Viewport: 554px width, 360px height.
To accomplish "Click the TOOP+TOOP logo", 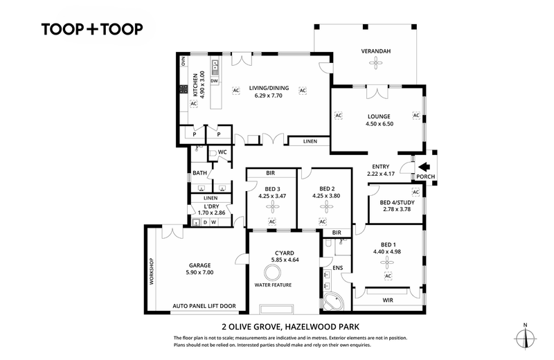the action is [x=92, y=29].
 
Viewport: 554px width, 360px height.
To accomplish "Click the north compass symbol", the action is [x=526, y=337].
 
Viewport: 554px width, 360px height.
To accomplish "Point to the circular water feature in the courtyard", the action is [x=273, y=273].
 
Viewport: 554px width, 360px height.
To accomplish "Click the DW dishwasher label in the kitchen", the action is [x=215, y=81].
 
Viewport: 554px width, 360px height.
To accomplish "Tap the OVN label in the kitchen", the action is [x=183, y=61].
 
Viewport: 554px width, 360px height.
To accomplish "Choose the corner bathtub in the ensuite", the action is [x=333, y=301].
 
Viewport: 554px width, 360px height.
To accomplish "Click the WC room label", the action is [x=222, y=152].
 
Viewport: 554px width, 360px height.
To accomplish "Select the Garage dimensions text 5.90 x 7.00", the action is [x=199, y=272].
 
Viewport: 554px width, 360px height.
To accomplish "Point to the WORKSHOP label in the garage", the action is [x=152, y=271].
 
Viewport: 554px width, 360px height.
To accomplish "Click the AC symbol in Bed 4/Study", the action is [x=415, y=192].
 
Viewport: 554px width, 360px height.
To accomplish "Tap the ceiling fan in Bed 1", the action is [x=387, y=262].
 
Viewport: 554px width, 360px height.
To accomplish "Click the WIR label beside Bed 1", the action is [x=388, y=300].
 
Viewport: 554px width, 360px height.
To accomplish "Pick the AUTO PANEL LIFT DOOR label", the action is [x=204, y=306].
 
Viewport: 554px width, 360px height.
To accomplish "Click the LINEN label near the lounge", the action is [x=310, y=141].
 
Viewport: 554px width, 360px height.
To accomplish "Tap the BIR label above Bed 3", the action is [x=270, y=173].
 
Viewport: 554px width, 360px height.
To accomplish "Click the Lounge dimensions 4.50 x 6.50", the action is [x=379, y=124].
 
